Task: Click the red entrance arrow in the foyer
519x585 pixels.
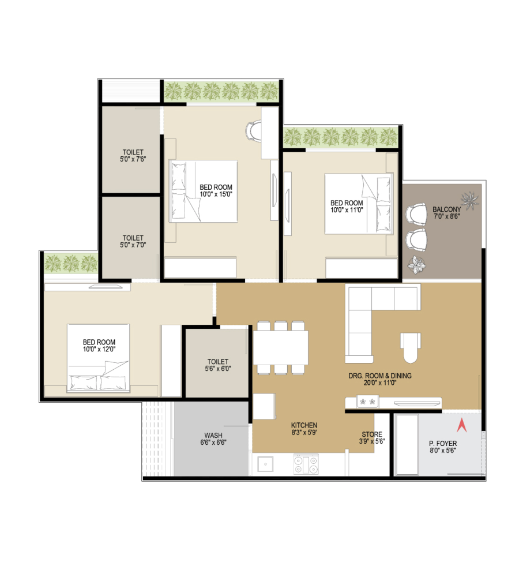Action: click(x=461, y=425)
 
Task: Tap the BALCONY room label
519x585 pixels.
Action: click(x=447, y=209)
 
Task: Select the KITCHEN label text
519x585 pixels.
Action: click(x=304, y=425)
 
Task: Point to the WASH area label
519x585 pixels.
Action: click(x=213, y=435)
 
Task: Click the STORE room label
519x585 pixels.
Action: click(x=372, y=434)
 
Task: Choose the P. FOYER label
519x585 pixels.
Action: click(x=443, y=443)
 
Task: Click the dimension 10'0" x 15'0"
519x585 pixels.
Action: click(x=216, y=194)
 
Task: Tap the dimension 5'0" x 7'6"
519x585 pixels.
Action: click(x=133, y=159)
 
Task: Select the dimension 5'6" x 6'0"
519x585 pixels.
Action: click(x=218, y=369)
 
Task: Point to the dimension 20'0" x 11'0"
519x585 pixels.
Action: click(x=380, y=382)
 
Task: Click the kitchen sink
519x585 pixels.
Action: click(x=265, y=464)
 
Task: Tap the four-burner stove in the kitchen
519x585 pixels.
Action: click(x=306, y=464)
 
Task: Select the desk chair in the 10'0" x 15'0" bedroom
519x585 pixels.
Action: click(x=254, y=130)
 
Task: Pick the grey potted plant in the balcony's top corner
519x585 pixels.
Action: click(x=470, y=200)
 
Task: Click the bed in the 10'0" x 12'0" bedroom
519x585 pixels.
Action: click(x=99, y=358)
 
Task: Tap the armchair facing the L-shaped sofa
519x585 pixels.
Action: click(x=411, y=347)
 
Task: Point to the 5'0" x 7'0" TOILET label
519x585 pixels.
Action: click(x=133, y=241)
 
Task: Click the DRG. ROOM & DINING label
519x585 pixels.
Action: click(x=380, y=376)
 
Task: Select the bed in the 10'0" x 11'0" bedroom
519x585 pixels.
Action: click(x=359, y=204)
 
